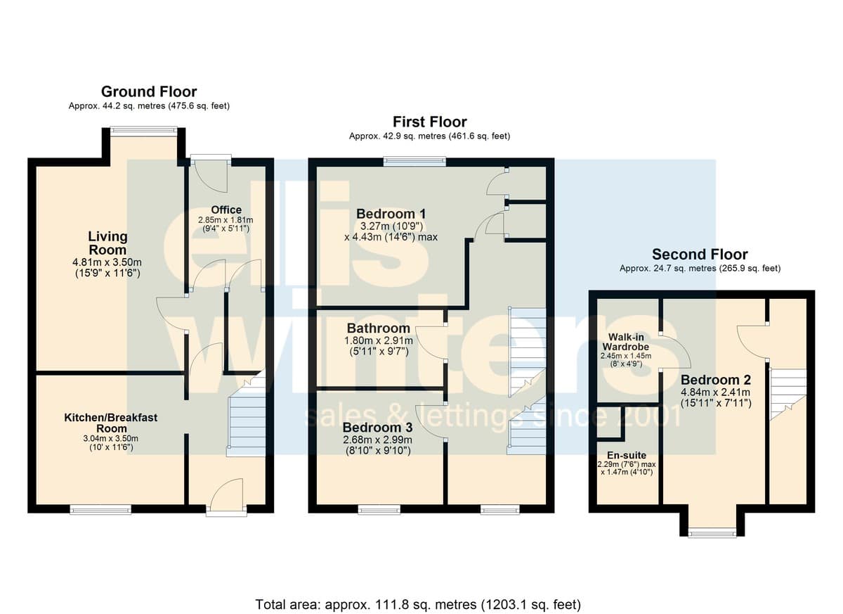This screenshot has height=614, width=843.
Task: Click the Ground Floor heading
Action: coord(149,91)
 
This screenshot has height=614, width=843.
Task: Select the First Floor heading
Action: coord(430,122)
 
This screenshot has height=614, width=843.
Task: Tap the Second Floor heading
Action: coord(700,255)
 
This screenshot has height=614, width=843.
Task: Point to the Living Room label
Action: coord(107,243)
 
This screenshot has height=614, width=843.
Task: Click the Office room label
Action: coord(226,210)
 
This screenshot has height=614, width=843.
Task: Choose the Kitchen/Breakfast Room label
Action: coord(111,423)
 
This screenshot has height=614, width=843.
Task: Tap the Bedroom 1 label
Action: coord(391,214)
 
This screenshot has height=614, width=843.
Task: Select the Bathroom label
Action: coord(378,328)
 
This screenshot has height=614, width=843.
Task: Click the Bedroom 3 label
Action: coord(377,428)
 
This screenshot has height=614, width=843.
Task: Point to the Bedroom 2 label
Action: coord(716,379)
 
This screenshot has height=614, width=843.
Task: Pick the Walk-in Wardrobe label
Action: coord(626,342)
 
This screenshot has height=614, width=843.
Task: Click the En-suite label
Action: coord(627,455)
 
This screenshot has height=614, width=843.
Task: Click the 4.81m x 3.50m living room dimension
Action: coord(107,262)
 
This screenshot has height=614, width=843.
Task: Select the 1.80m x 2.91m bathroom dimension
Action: coord(379,340)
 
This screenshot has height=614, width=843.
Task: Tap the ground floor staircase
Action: coord(247,414)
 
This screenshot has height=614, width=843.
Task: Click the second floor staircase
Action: coord(788,394)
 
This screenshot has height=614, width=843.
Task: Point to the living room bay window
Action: coord(144,130)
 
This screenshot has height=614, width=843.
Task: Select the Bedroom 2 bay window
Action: coord(712,532)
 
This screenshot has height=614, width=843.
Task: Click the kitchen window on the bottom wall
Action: coord(100,510)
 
